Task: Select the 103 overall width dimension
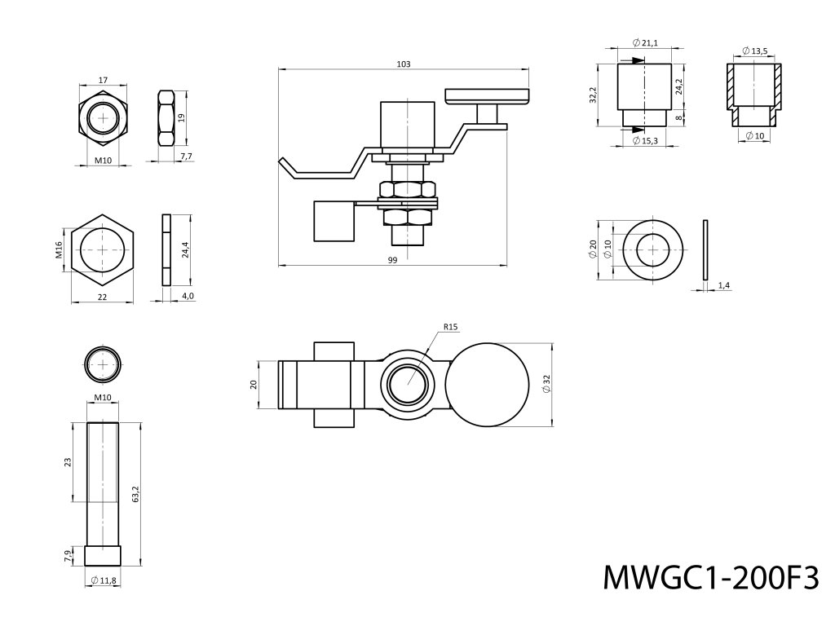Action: tap(403, 64)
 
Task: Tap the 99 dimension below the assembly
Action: tap(392, 259)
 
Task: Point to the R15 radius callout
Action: tap(452, 328)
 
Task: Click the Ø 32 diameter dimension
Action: tap(547, 384)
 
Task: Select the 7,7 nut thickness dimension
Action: tap(185, 156)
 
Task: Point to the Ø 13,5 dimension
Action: tap(755, 51)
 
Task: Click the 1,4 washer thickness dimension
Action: tap(723, 284)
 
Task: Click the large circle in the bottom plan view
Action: tap(489, 384)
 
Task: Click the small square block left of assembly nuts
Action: tap(334, 221)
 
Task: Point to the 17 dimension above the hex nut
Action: tap(102, 80)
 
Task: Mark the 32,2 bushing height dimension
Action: tap(594, 95)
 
